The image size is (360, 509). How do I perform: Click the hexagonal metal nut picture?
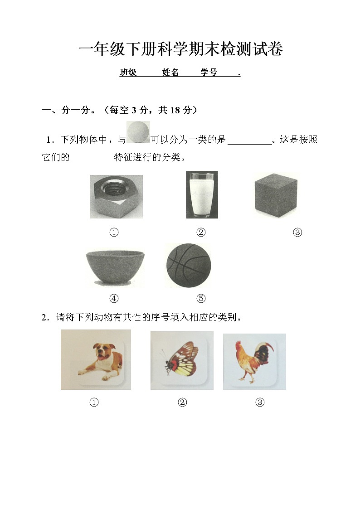tap(116, 197)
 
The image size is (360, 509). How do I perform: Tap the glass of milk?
tap(202, 195)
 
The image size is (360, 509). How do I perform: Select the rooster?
tap(253, 361)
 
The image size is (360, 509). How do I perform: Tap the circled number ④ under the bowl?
tap(114, 298)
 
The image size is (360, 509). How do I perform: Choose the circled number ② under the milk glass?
tap(201, 233)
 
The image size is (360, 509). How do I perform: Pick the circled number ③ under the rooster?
tap(260, 402)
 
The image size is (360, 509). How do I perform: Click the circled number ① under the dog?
tap(94, 402)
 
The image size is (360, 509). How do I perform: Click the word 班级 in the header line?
tap(128, 73)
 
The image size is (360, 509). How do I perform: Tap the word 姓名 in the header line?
tap(170, 73)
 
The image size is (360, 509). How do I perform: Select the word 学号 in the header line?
tap(209, 73)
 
